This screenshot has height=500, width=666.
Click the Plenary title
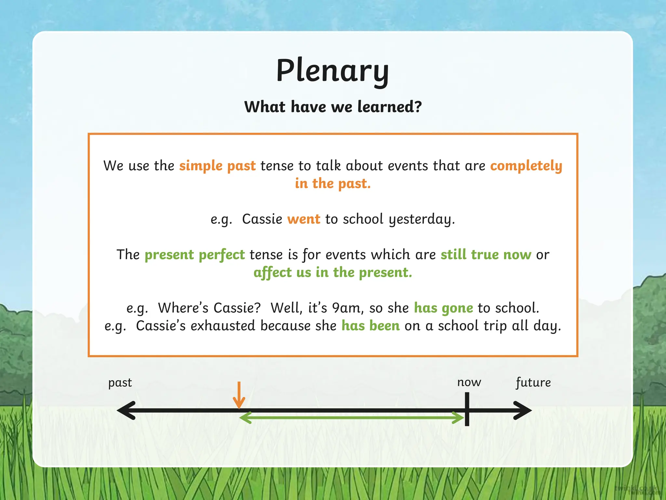click(x=332, y=71)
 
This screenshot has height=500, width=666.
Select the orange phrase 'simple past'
click(x=217, y=166)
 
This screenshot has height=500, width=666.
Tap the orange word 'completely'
click(x=526, y=166)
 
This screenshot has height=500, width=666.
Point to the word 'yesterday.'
click(x=422, y=219)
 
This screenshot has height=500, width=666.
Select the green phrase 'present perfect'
click(x=194, y=255)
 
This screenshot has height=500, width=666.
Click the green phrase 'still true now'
click(x=486, y=255)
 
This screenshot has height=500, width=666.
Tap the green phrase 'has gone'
click(x=443, y=308)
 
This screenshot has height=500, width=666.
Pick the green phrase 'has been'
click(x=370, y=326)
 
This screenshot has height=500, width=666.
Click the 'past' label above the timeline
click(x=120, y=383)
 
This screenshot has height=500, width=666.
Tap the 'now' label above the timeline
click(x=469, y=382)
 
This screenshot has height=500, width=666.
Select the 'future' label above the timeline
click(x=533, y=382)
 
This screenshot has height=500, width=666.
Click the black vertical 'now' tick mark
click(x=467, y=409)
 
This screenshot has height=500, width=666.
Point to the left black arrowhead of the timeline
click(x=125, y=410)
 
